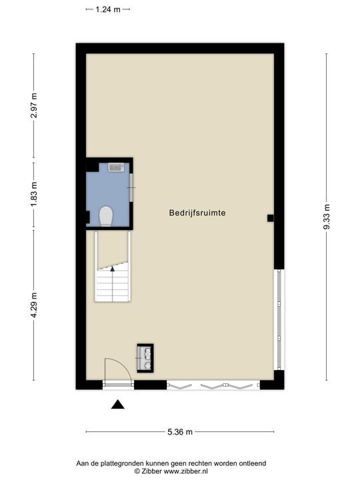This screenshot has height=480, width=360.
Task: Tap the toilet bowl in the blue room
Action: point(105,215)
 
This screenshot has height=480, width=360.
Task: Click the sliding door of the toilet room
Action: point(131,190)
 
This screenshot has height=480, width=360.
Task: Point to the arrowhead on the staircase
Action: point(113,269)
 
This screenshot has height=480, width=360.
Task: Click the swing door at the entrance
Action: point(113,370)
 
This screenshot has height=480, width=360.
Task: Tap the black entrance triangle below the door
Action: point(118,404)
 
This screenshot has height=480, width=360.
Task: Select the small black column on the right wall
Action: point(270,218)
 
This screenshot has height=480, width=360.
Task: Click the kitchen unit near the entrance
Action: point(145,357)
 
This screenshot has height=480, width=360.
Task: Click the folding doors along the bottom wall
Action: point(213,385)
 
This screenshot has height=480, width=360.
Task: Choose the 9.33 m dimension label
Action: point(327,217)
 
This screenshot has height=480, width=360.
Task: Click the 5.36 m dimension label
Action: point(180,432)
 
